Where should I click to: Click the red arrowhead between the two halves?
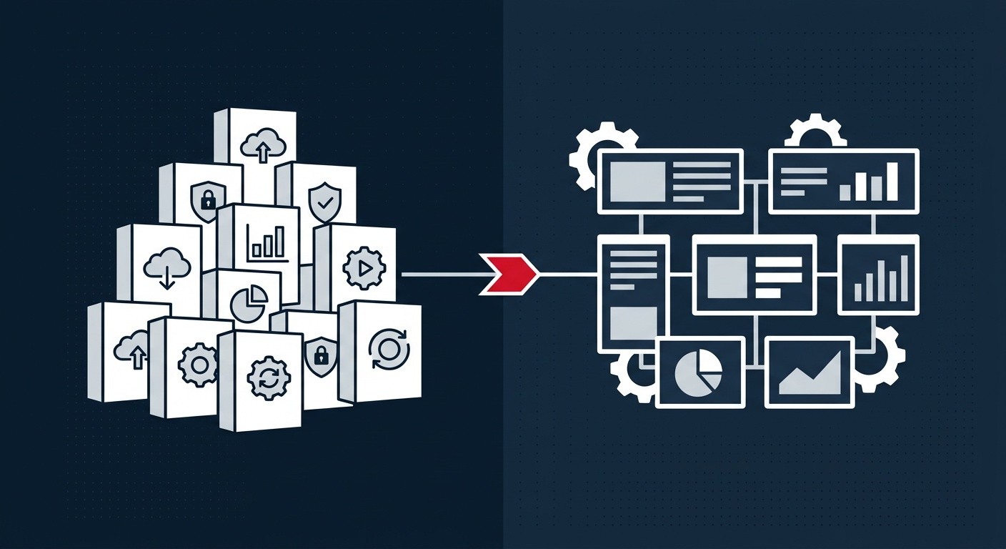tap(509, 274)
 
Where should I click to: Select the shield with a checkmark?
tap(319, 200)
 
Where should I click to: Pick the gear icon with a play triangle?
tap(363, 268)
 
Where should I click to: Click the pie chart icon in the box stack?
tap(249, 303)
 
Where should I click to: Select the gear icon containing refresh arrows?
tap(267, 378)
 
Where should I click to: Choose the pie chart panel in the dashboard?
tap(699, 371)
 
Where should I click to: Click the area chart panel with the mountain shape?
tap(809, 372)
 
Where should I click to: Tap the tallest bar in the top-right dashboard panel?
tap(891, 181)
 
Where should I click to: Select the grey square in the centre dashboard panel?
tap(727, 277)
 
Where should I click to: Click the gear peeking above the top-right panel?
tap(815, 134)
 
